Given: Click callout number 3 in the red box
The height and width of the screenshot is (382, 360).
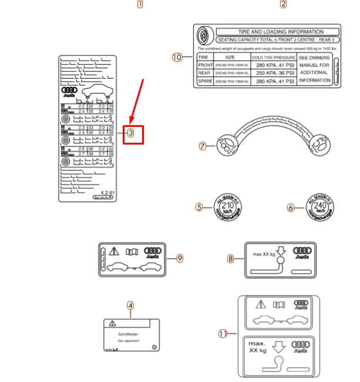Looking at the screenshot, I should pos(130,133).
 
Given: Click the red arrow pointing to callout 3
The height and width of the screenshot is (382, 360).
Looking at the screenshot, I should pos(136,103).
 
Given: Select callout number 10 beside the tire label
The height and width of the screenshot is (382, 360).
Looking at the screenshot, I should pos(177,57).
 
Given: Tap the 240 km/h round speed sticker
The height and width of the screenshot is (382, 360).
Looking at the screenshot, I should pos(320,207).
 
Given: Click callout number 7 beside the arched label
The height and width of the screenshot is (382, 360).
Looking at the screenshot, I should pos(203,146).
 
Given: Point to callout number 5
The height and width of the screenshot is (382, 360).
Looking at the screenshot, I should pos(199,207).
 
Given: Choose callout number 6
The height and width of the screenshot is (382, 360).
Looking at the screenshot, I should pos(290,207).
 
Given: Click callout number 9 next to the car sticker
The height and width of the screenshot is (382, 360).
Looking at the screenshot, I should pos(180,258).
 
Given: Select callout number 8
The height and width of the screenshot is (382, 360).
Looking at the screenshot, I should pos(231,259).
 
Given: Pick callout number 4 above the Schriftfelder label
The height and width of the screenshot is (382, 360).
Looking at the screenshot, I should pos(130,305).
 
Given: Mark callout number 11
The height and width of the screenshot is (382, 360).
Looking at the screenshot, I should pos(223,334).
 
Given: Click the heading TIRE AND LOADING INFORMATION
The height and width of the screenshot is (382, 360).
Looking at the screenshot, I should pos(280,32).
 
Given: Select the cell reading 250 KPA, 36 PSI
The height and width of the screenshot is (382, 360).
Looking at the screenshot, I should pos(271,73).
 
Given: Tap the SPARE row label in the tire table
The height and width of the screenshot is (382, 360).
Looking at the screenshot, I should pos(204,81).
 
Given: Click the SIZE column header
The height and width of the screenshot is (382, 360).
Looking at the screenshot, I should pos(230,57).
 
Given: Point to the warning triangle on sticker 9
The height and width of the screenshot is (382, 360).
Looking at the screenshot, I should pos(114,250).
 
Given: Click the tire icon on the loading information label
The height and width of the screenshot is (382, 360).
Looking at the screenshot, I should pos(205,35).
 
